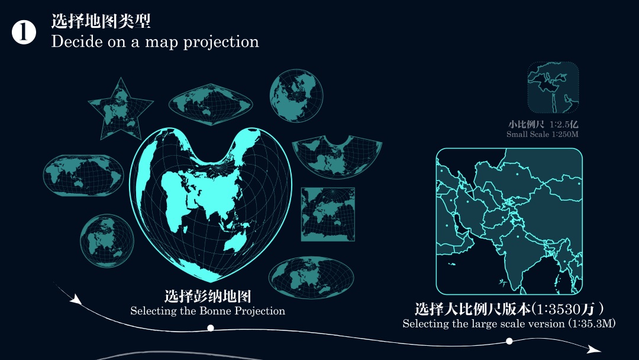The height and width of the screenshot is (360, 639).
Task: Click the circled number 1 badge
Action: pyautogui.click(x=24, y=33)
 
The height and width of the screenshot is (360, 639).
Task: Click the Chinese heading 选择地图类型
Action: pyautogui.click(x=101, y=21)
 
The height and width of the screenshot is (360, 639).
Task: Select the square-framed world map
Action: pyautogui.click(x=328, y=214)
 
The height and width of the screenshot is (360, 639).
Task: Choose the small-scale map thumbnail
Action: pyautogui.click(x=553, y=88)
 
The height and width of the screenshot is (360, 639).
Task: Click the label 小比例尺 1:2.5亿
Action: pyautogui.click(x=543, y=125)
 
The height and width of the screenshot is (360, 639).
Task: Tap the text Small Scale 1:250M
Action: pyautogui.click(x=542, y=134)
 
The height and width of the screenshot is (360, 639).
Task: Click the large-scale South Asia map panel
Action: pyautogui.click(x=509, y=221)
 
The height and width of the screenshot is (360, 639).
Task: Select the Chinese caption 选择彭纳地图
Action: pyautogui.click(x=208, y=297)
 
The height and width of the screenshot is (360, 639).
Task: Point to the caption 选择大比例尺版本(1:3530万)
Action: pyautogui.click(x=509, y=309)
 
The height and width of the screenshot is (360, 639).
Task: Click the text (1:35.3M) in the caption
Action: pyautogui.click(x=592, y=324)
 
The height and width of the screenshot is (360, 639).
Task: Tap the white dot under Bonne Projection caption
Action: pyautogui.click(x=211, y=327)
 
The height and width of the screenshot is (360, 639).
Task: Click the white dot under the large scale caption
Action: pyautogui.click(x=509, y=341)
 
